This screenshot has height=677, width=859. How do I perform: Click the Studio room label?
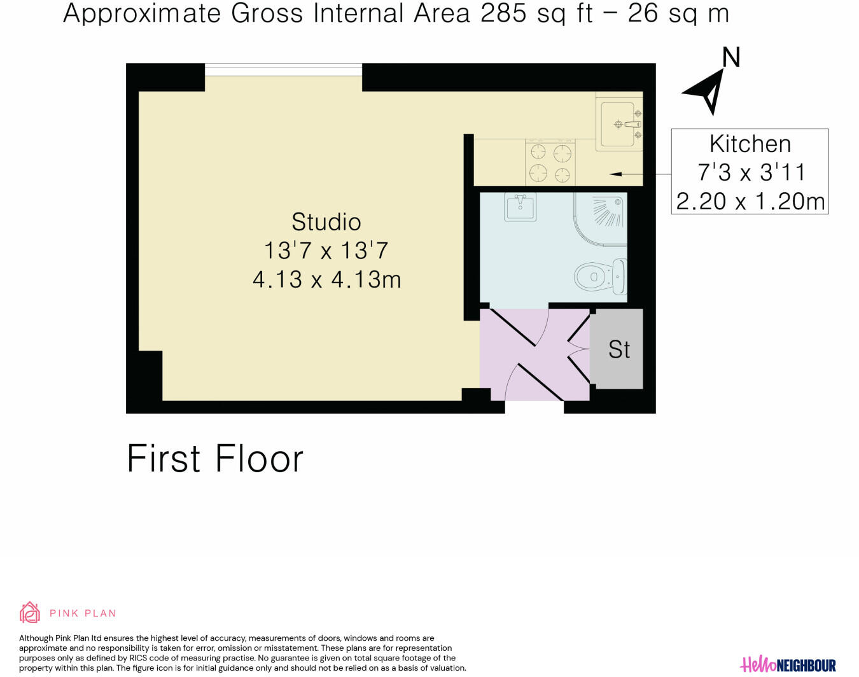coord(326,222)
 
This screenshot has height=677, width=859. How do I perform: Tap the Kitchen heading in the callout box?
coord(750,144)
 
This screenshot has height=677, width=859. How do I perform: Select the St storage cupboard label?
coord(618,349)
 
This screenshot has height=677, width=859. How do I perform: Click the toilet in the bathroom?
coord(601,277)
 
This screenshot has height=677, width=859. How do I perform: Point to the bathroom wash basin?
coord(520,207)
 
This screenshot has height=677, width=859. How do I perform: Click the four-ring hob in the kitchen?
coord(550,163)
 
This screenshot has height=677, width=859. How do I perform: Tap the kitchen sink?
coord(619,124)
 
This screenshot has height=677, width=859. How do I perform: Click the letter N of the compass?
coord(731,57)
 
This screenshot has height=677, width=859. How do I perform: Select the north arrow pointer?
coord(708,92)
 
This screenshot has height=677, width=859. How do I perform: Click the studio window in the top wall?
coord(283,69)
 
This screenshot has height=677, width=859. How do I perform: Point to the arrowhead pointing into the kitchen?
coord(615,174)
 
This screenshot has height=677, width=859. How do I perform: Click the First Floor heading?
coord(215,458)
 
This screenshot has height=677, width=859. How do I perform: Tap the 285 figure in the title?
coord(504,13)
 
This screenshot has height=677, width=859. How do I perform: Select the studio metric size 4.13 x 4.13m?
coord(326,279)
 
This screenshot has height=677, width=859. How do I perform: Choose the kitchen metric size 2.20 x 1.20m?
coord(750,201)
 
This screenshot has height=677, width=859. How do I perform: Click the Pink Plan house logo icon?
coord(30,613)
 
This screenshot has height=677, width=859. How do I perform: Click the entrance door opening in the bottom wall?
coord(534,407)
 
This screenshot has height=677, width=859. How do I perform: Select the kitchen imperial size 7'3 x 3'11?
coord(750,172)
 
